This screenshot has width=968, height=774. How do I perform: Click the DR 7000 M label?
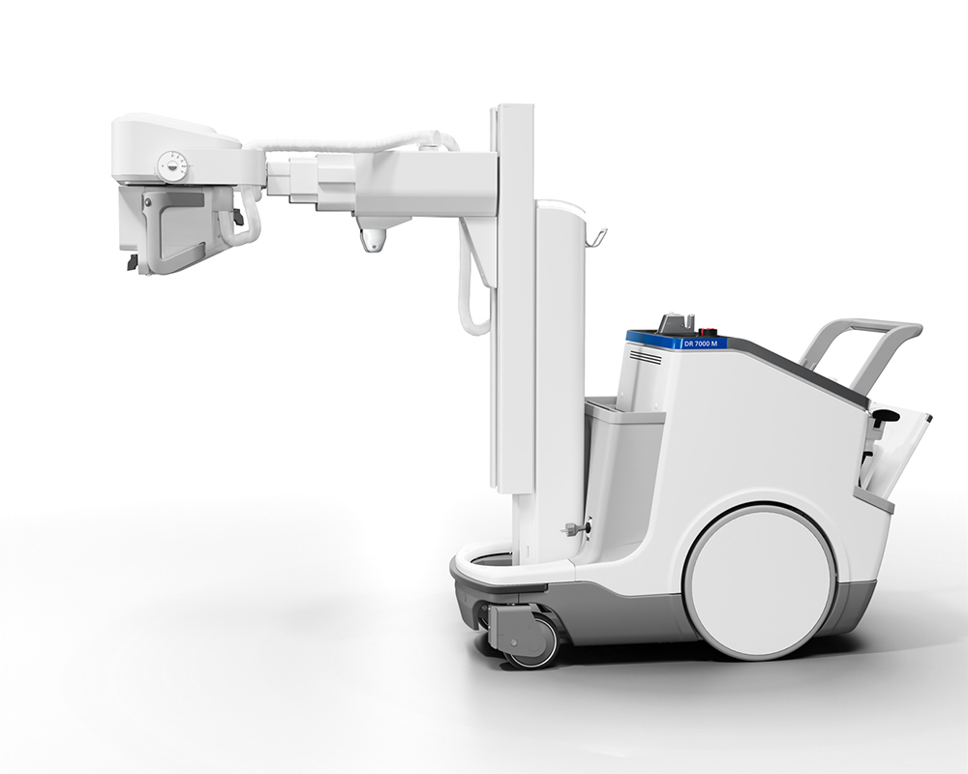(701, 343)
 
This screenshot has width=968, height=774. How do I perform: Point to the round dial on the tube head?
(172, 166)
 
